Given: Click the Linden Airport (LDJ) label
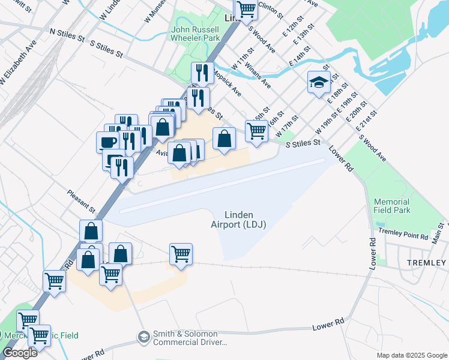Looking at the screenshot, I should (x=238, y=220).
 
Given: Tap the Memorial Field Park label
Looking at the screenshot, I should (x=391, y=206).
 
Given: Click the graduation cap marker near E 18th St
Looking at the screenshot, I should (x=319, y=82).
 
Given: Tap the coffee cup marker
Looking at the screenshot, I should (x=108, y=142).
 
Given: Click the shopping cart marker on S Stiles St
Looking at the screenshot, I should (x=256, y=130).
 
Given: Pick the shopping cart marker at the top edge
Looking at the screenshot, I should (x=245, y=9).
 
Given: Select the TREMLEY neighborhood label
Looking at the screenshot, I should (x=427, y=263).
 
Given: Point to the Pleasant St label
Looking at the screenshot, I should (x=82, y=201).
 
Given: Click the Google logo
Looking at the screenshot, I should (x=19, y=353).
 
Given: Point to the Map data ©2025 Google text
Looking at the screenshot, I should (x=411, y=355).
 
